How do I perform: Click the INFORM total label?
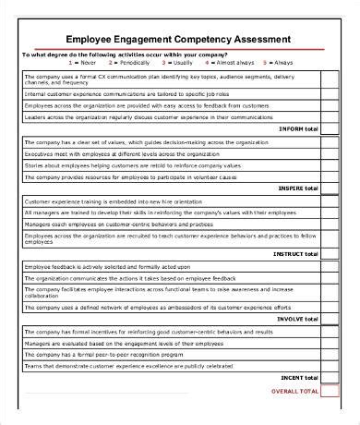pos(296,128)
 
